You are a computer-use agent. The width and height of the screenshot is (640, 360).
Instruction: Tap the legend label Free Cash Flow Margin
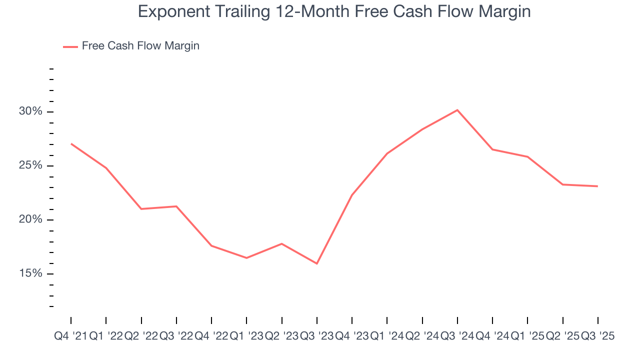click(x=140, y=46)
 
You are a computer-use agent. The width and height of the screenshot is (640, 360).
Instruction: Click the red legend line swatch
click(x=70, y=46)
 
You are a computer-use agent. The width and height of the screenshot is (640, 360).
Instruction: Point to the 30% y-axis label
click(x=30, y=111)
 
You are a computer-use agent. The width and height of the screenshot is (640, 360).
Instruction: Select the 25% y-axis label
click(x=30, y=165)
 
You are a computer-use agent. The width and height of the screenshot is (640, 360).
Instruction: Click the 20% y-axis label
click(x=30, y=220)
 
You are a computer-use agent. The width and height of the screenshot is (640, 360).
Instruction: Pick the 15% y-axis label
click(x=30, y=274)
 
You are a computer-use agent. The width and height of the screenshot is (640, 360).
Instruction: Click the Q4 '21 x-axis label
click(x=70, y=336)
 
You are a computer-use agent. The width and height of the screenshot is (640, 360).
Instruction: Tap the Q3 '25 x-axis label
click(x=597, y=336)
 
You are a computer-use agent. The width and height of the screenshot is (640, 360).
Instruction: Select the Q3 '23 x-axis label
click(x=316, y=336)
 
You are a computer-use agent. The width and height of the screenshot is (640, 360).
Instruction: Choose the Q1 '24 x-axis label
click(x=387, y=336)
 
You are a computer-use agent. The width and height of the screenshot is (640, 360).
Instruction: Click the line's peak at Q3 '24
click(x=457, y=110)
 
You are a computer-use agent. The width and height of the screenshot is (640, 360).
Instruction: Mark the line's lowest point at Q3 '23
click(x=316, y=263)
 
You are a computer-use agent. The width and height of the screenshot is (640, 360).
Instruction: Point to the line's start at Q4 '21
click(x=71, y=143)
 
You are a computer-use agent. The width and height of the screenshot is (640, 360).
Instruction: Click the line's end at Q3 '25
click(x=597, y=186)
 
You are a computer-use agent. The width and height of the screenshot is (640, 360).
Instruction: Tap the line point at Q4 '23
click(x=352, y=194)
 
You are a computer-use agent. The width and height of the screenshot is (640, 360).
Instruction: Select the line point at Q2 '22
click(x=141, y=208)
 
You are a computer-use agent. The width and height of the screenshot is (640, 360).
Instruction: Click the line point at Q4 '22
click(x=211, y=245)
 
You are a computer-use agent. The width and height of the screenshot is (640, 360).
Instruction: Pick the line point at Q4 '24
click(x=492, y=149)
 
